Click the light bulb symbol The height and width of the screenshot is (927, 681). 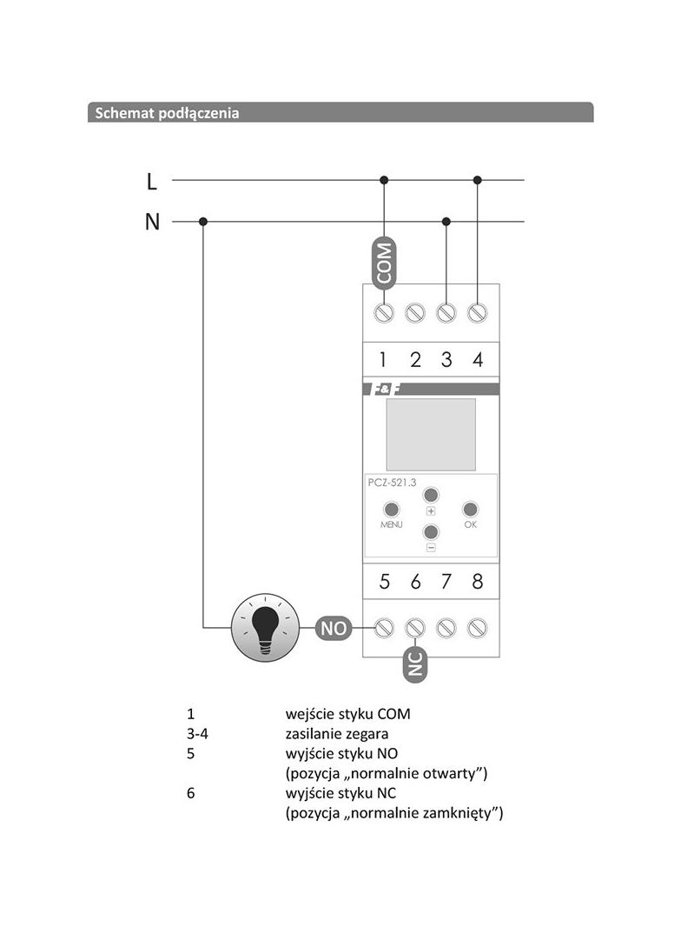click(265, 627)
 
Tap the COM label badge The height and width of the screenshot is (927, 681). click(384, 262)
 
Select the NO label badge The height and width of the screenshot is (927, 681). click(334, 627)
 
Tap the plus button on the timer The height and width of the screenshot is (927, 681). click(431, 495)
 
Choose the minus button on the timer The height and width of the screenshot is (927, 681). click(431, 532)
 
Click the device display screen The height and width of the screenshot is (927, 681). click(431, 434)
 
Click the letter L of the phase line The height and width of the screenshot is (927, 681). click(152, 181)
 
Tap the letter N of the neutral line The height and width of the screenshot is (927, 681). click(152, 222)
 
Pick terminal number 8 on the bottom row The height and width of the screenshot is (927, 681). click(477, 582)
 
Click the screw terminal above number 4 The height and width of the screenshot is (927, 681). click(477, 311)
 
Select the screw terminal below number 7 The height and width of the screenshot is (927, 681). click(446, 627)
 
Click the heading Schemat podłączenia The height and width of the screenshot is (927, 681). click(168, 113)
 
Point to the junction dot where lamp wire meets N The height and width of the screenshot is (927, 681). click(203, 222)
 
